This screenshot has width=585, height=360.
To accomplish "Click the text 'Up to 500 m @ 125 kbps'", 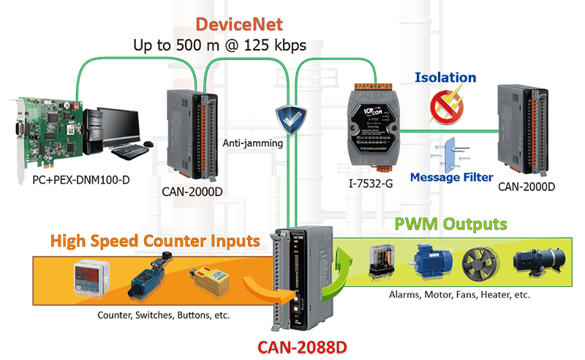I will click(x=219, y=45).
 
